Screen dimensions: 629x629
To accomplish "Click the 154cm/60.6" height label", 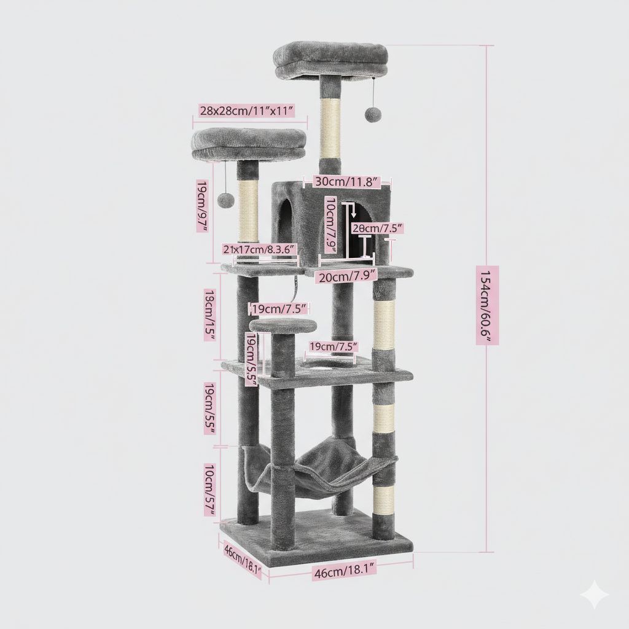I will coord(486,305).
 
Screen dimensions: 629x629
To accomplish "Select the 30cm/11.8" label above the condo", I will coord(346,181).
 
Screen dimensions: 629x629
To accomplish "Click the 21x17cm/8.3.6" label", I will coord(260,249).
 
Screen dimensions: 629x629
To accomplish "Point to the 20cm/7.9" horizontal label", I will coord(346,276).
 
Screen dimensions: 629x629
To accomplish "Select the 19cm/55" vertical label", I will coord(209,408).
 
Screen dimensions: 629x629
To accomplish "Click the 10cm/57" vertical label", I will coord(209,490).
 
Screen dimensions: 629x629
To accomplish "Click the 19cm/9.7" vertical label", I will coord(201,206).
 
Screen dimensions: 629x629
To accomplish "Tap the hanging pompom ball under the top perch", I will coord(372,114).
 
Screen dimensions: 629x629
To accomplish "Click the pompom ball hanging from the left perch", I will coord(226,200).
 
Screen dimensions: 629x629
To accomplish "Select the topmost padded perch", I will coord(330,60).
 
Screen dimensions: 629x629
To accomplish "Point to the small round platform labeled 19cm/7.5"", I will coord(283,326).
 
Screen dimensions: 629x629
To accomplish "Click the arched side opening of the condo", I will coord(285,221).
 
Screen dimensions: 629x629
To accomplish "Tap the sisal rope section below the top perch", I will coord(330,128).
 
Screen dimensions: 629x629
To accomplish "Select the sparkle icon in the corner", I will coord(594,594).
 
